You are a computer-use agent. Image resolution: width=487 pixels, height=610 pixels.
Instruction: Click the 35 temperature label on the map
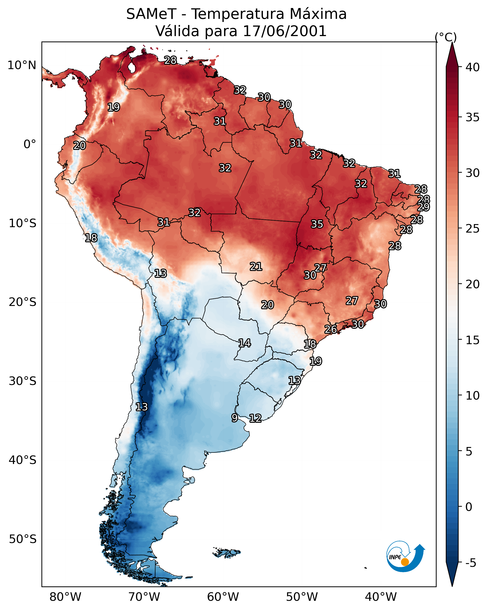(x=317, y=224)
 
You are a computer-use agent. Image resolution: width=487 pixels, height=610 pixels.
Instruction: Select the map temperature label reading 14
(x=245, y=343)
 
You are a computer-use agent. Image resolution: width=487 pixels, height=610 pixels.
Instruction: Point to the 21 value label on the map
(x=256, y=266)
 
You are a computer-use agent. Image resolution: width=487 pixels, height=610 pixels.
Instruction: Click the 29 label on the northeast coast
(x=423, y=207)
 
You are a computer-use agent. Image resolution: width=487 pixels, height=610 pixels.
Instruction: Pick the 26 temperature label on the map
(x=330, y=329)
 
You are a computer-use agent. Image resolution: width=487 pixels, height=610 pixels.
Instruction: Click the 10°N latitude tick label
(x=22, y=65)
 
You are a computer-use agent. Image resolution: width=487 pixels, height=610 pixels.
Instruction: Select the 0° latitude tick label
(x=30, y=144)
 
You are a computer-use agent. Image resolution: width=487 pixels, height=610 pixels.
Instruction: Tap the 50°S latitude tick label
(x=23, y=539)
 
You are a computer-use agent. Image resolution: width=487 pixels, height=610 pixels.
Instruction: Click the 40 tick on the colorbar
(x=473, y=67)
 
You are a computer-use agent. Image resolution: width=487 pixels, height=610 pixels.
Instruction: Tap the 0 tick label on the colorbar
(x=469, y=507)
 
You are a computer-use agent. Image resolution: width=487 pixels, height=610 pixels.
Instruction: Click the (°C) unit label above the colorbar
(x=446, y=37)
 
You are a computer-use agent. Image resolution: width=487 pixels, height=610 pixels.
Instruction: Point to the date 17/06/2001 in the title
(x=284, y=31)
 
